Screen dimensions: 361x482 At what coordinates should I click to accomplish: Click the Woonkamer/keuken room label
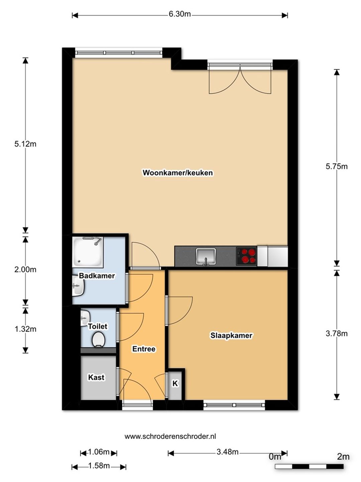177,173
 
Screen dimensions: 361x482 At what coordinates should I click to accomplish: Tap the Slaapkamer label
231,335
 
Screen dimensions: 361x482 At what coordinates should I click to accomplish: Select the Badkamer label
97,276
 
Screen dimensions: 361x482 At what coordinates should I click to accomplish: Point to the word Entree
144,349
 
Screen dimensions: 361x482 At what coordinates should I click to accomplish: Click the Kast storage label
96,377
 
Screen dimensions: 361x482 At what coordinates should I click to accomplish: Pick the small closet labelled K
175,383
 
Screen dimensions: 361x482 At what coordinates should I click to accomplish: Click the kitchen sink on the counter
206,256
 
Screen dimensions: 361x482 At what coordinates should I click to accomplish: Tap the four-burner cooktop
246,256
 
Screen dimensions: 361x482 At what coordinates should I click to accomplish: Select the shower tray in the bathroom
88,252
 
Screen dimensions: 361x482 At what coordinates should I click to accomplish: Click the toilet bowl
98,339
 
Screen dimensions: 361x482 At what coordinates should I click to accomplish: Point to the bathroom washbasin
78,286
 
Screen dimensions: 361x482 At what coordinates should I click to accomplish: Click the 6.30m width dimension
180,14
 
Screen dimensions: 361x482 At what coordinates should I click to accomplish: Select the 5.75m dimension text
337,166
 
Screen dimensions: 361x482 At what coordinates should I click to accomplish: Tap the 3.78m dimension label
337,334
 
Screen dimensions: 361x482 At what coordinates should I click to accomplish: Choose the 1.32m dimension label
25,329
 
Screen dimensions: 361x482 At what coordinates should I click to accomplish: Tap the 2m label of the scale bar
343,457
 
